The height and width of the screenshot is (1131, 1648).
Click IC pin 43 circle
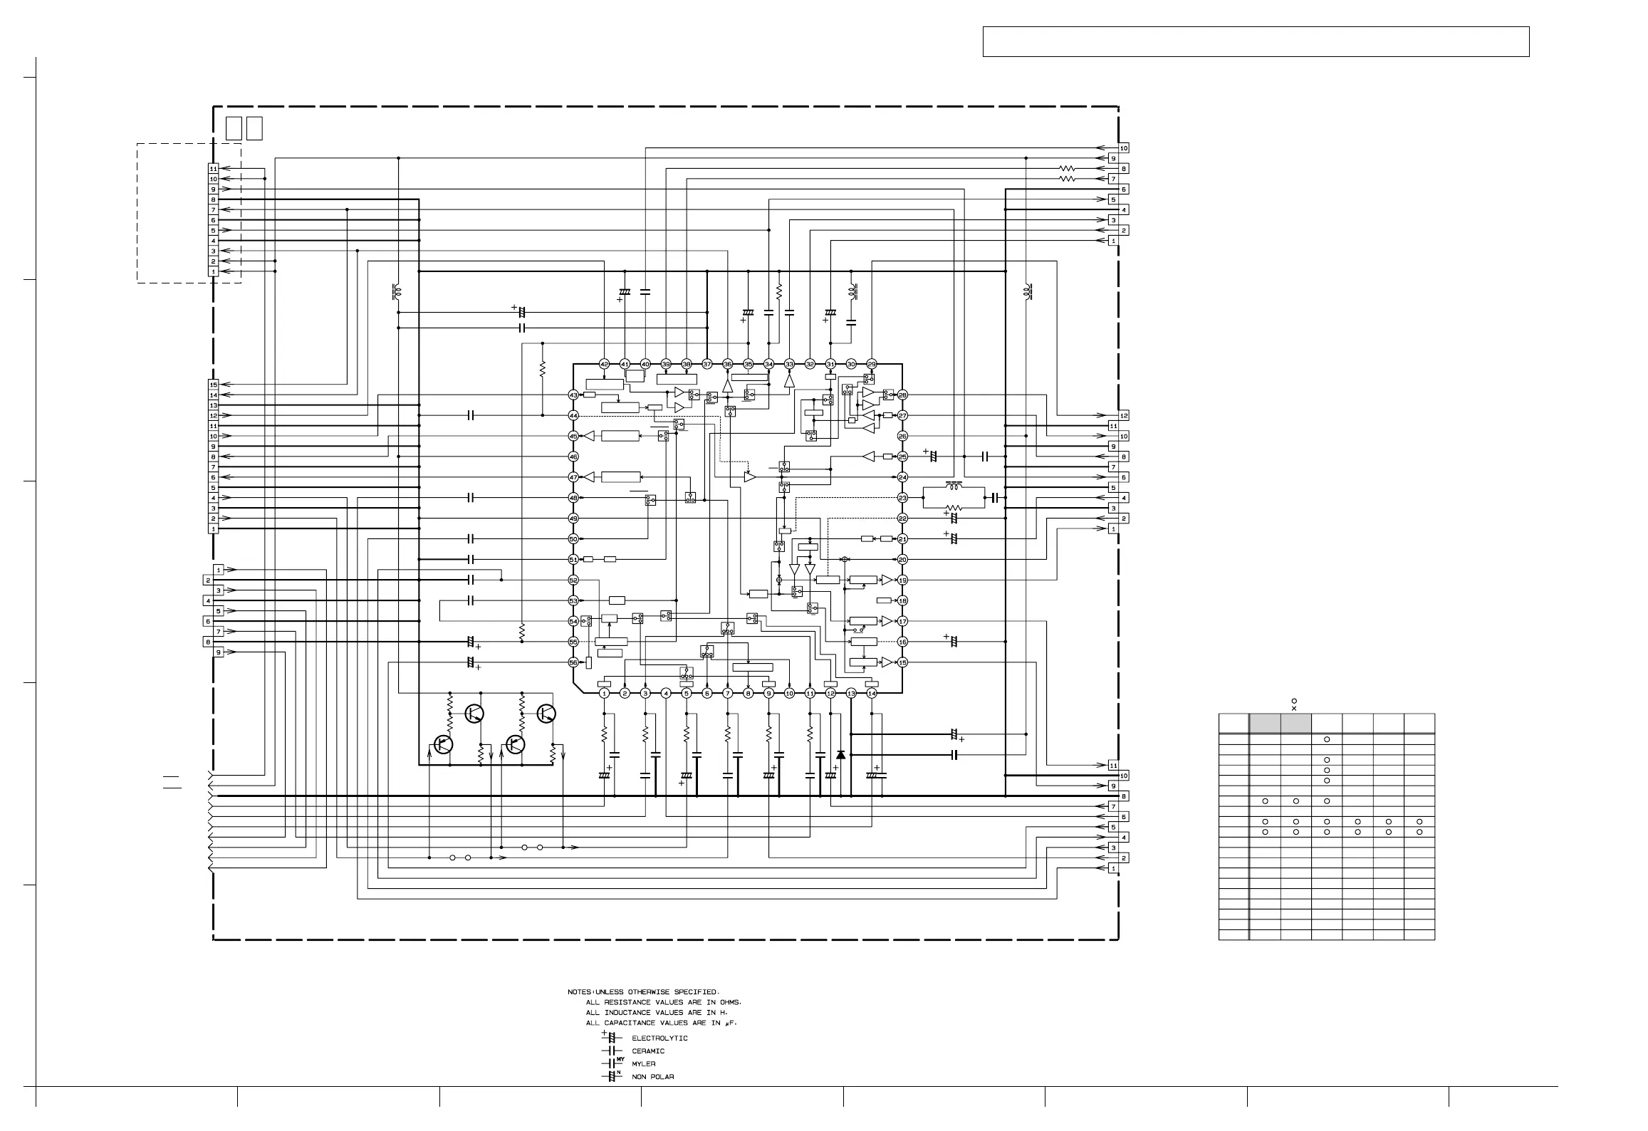tap(573, 395)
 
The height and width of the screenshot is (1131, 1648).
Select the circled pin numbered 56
tap(573, 662)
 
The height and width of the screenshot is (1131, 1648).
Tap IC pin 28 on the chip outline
tap(902, 395)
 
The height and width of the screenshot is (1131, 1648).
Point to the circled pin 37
tap(707, 364)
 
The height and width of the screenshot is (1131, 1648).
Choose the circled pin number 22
tap(902, 518)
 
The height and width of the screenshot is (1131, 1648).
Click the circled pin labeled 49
tap(573, 518)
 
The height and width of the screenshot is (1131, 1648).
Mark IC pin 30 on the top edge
tap(851, 364)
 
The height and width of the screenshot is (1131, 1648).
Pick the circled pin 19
tap(902, 580)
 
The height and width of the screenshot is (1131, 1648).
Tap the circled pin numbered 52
tap(573, 580)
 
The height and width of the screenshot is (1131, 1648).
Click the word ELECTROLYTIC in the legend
tap(659, 1038)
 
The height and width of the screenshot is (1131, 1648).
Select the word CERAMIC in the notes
tap(648, 1051)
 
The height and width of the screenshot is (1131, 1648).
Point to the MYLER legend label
tap(644, 1064)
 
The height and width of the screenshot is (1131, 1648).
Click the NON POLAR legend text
tap(653, 1077)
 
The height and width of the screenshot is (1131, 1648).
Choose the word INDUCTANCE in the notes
tap(632, 1013)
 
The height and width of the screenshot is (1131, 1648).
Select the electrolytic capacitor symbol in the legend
tap(610, 1038)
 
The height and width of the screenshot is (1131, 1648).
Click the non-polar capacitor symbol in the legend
tap(610, 1076)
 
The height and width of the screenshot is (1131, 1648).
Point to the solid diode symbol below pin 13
tap(840, 754)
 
